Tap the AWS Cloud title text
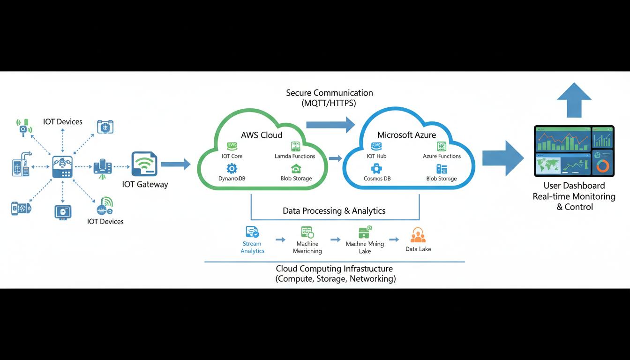(262, 135)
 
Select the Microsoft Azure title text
(406, 135)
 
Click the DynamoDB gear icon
(232, 168)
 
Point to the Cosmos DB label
(377, 179)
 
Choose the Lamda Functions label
(295, 156)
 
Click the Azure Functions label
(442, 156)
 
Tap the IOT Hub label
(376, 156)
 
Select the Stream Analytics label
(252, 247)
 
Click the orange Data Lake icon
(417, 235)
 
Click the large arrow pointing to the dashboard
(502, 158)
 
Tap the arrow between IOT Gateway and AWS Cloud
(175, 164)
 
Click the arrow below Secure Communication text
(330, 124)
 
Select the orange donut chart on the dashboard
(603, 166)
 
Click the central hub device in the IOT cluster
(62, 166)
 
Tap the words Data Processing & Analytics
(334, 211)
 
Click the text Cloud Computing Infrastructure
(334, 269)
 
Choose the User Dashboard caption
(574, 186)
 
